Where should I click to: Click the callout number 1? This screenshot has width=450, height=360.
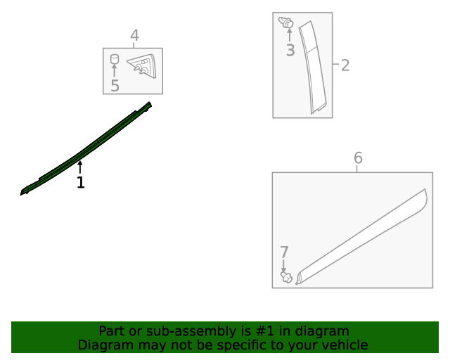[x=81, y=182]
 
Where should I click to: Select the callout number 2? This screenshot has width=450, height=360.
[x=345, y=65]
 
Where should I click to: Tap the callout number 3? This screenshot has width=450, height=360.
[x=290, y=50]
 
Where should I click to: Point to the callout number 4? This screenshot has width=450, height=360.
[x=134, y=36]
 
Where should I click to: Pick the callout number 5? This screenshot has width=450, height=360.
[x=115, y=86]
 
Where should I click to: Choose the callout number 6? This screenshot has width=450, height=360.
[x=358, y=157]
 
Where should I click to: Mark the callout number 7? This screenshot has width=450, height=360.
[x=284, y=252]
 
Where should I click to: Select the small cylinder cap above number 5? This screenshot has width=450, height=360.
[x=115, y=59]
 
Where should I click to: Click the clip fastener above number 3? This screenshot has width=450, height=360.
[x=286, y=22]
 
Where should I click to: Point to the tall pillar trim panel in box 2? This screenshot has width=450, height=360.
[x=312, y=67]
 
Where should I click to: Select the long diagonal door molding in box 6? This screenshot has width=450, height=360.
[x=361, y=236]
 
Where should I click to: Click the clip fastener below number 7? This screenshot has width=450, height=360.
[x=286, y=277]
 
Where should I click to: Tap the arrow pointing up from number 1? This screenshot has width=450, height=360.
[x=80, y=167]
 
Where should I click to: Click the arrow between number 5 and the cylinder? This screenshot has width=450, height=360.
[x=115, y=71]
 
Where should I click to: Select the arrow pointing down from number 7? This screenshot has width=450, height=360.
[x=283, y=266]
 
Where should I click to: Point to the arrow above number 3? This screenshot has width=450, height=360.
[x=290, y=35]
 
